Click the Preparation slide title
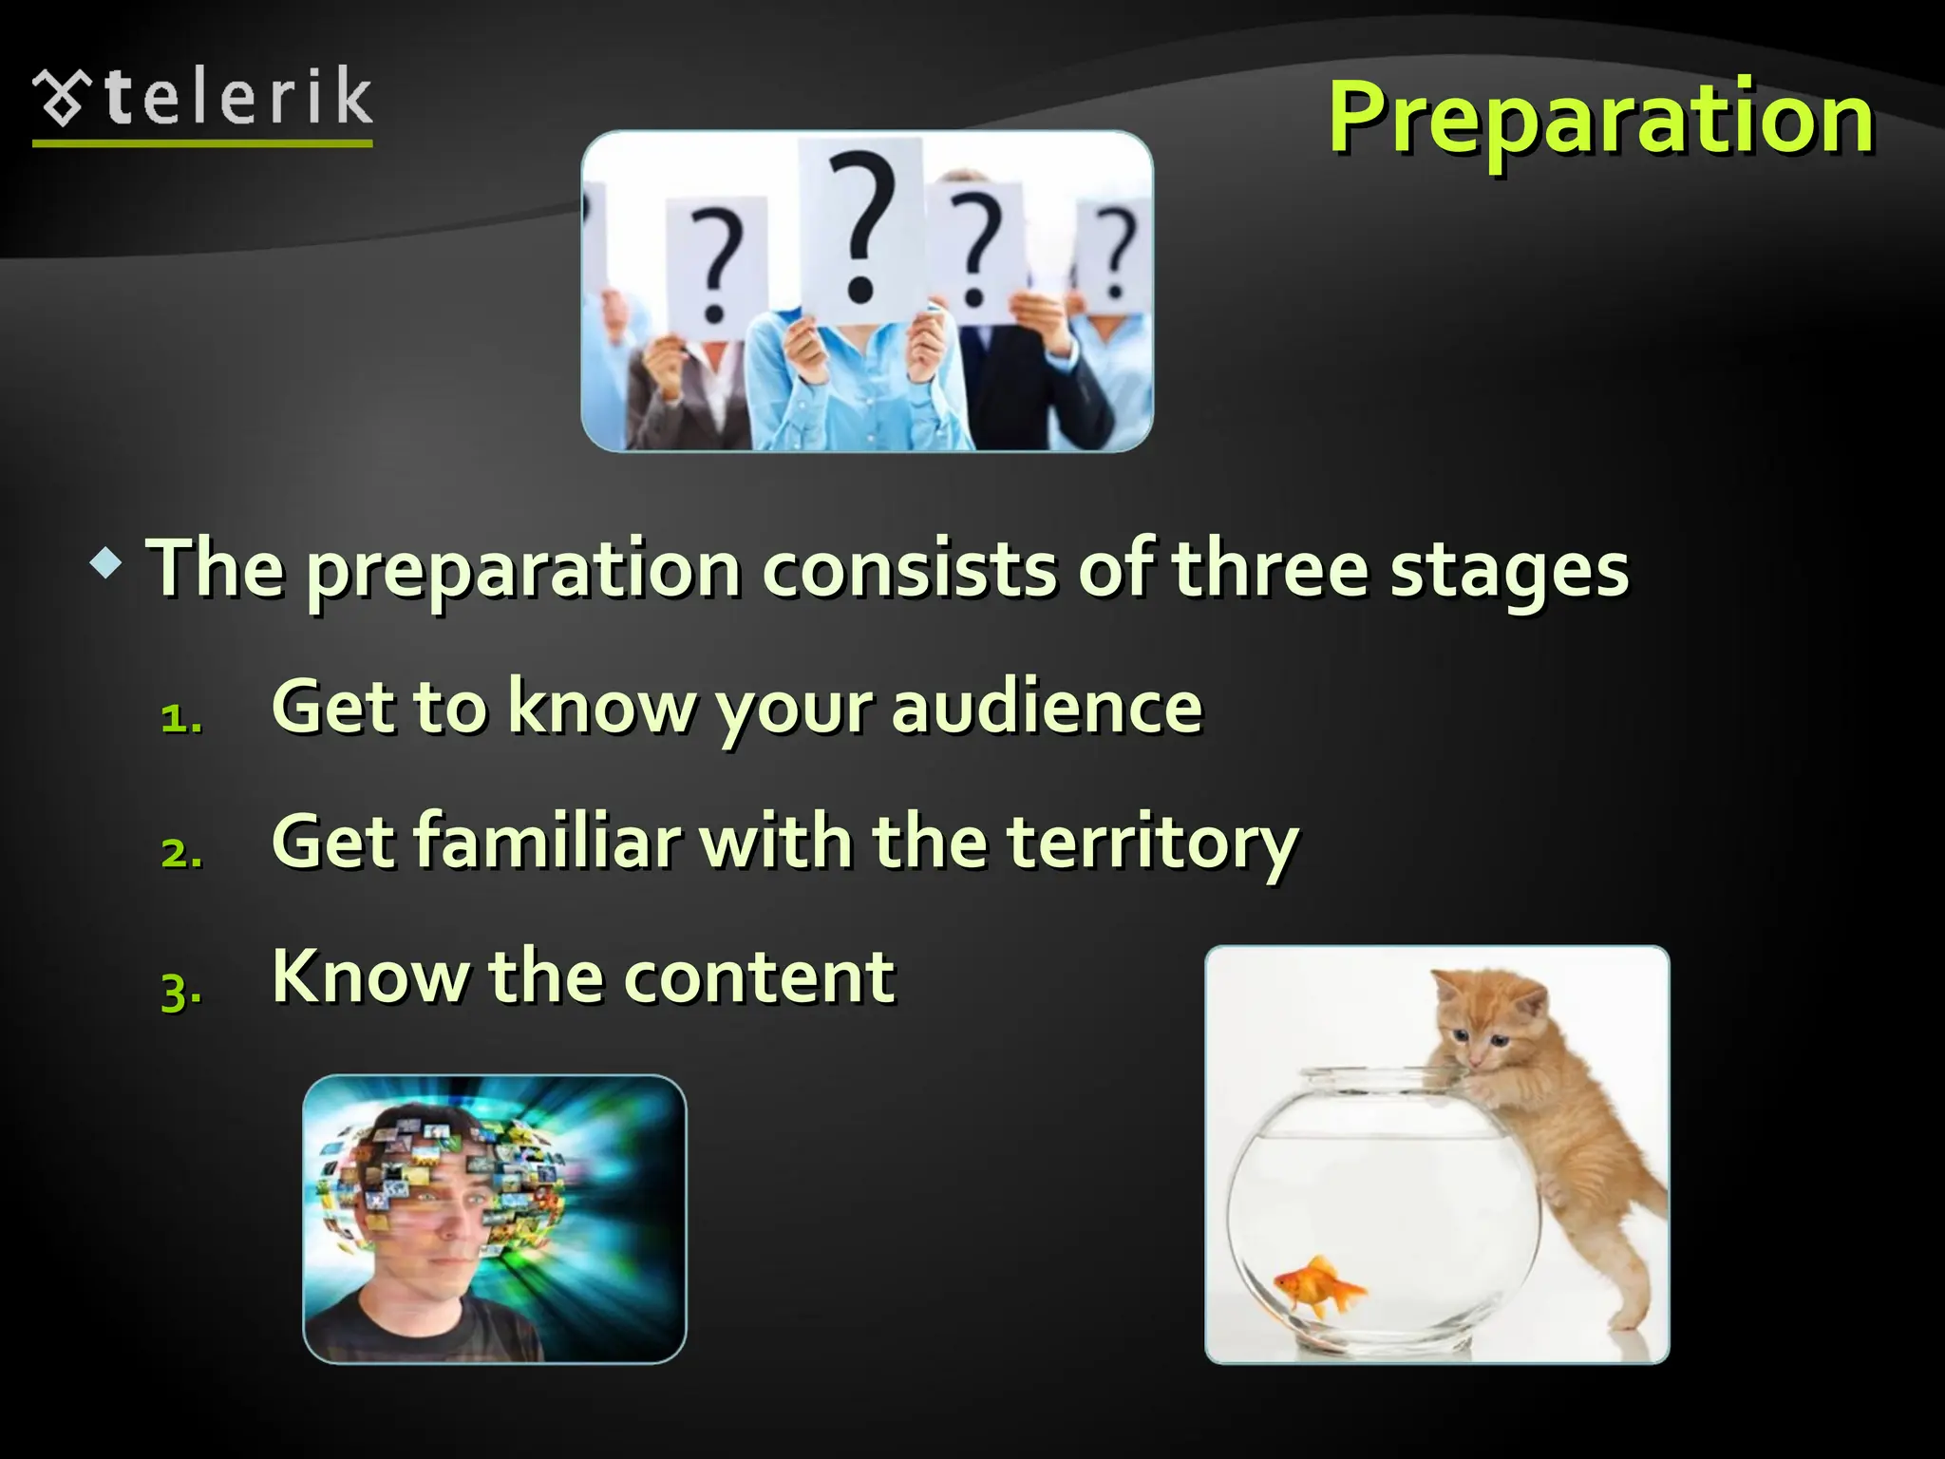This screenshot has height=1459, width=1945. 1600,119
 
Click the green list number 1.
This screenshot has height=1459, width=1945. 179,719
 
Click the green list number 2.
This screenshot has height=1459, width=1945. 179,854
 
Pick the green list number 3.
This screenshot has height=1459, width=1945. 179,991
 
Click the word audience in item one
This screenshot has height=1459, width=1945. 1048,707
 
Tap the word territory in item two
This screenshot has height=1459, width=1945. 1152,843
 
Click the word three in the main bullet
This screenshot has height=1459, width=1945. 1270,569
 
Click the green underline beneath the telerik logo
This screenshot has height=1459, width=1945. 202,144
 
